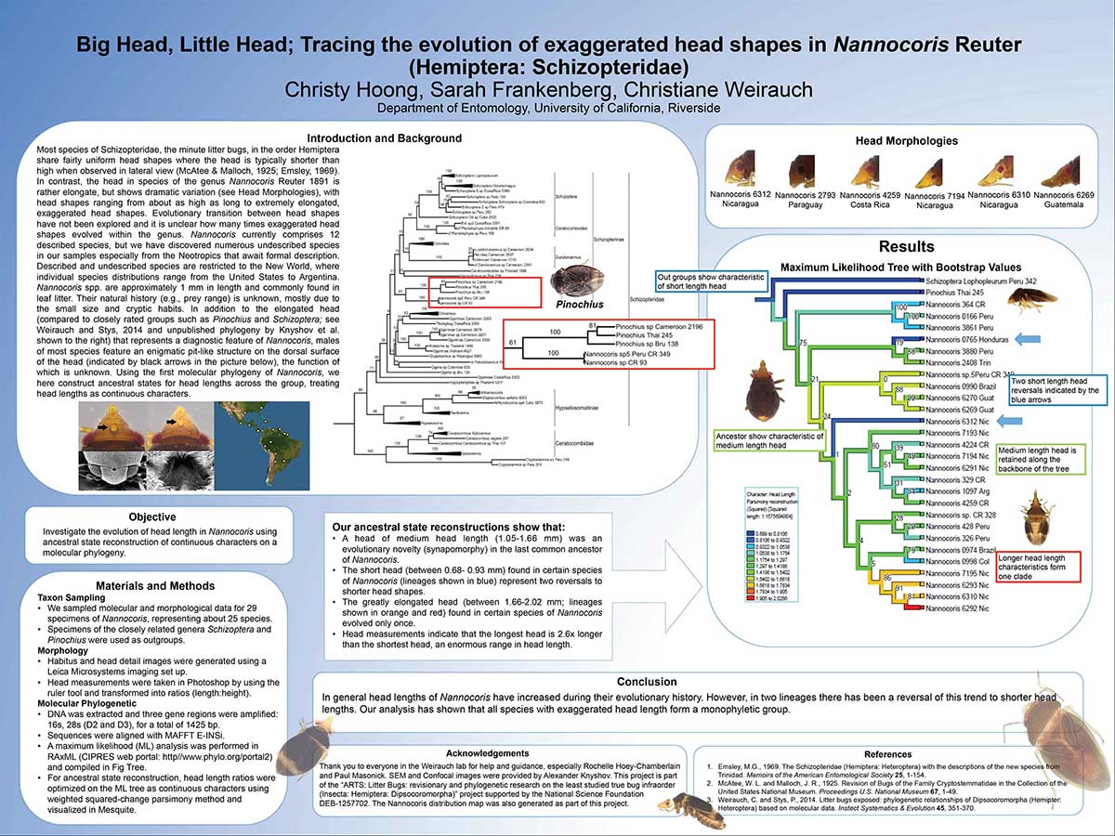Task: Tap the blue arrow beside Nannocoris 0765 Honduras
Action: [1024, 341]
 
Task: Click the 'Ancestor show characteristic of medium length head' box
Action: [768, 441]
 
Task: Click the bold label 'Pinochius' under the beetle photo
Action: [579, 304]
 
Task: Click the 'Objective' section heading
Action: [161, 517]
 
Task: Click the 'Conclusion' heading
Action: [699, 681]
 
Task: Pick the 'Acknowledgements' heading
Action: [489, 752]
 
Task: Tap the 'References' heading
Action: [887, 753]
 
